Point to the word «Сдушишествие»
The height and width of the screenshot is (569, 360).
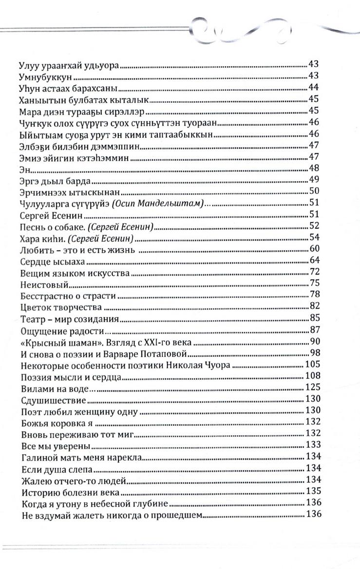pyautogui.click(x=54, y=400)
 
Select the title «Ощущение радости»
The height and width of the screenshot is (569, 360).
pyautogui.click(x=61, y=330)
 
